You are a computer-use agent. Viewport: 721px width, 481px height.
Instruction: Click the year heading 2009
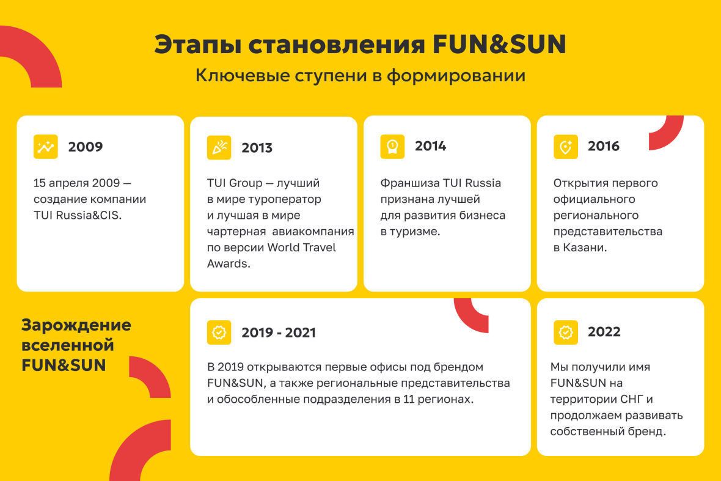tap(86, 147)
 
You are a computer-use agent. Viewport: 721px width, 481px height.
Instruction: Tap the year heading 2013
tap(257, 148)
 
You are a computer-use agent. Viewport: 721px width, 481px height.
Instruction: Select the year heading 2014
tap(430, 146)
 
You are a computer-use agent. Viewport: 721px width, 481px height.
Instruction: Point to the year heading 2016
tap(604, 146)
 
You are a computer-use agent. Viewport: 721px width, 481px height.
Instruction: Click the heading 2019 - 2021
tap(279, 332)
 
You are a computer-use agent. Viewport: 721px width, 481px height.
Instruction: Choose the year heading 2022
tap(604, 331)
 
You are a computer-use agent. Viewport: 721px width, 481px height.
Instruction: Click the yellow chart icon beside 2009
tap(46, 147)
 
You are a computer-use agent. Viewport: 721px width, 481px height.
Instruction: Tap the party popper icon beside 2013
tap(219, 148)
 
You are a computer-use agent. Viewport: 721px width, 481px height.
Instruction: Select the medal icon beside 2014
tap(392, 147)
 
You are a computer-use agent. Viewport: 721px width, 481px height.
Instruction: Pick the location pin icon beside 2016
tap(566, 147)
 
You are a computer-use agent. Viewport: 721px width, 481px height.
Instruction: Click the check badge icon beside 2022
tap(566, 332)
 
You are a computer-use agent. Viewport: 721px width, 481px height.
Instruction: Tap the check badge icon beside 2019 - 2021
tap(219, 332)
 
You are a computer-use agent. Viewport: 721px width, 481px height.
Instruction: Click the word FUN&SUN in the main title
tap(499, 45)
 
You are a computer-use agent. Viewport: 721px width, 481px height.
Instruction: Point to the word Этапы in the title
tap(198, 45)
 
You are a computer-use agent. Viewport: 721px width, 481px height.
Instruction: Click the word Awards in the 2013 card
tap(228, 263)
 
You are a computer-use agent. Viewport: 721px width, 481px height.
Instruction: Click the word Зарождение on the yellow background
tap(76, 326)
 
